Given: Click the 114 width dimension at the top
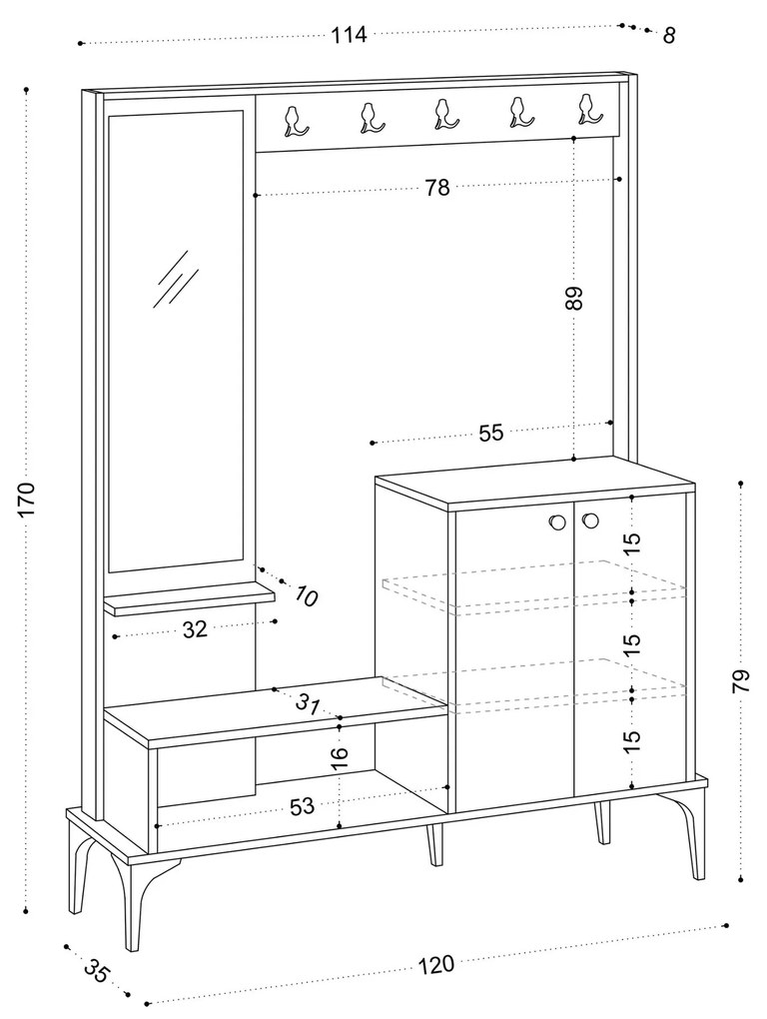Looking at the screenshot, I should (350, 35).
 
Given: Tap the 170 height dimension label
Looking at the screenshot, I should (27, 500).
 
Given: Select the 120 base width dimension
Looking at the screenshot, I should (435, 965).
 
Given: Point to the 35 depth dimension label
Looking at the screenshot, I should (96, 971).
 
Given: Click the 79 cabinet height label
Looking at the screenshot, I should (740, 681).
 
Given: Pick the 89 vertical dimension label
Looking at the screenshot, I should (574, 299).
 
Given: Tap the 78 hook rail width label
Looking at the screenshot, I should (437, 188).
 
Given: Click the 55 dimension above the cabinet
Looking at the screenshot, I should (491, 434).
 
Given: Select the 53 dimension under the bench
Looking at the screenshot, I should (303, 807).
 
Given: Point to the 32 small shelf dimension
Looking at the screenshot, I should (195, 629).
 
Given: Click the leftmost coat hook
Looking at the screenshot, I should (295, 121).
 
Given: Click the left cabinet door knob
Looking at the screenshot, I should (555, 520).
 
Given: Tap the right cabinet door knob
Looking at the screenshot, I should (590, 519).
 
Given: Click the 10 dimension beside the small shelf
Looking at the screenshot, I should (306, 597).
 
